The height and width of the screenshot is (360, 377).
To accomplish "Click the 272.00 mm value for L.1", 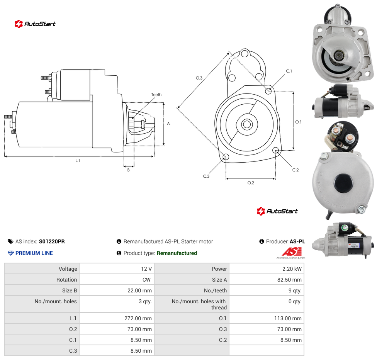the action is click(138, 318).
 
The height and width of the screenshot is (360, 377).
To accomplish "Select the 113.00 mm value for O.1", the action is click(288, 318).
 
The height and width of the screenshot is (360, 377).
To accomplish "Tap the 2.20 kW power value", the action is click(292, 269).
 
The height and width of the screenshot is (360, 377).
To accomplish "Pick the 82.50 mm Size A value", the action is click(289, 280).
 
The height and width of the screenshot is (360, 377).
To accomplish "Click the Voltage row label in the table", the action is click(68, 269).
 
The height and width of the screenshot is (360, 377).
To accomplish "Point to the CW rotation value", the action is click(146, 280).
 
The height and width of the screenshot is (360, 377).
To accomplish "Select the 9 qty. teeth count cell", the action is click(295, 290).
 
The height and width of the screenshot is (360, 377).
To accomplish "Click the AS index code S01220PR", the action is click(52, 241).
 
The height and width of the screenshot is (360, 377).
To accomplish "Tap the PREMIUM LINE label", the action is click(34, 253).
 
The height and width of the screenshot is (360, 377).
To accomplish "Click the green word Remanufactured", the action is click(177, 253).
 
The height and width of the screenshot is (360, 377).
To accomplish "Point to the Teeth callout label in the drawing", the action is click(156, 95).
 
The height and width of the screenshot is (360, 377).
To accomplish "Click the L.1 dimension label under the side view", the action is click(77, 160).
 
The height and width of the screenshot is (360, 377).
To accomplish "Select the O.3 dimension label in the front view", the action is click(199, 78).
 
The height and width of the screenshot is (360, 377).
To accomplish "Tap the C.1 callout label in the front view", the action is click(289, 71).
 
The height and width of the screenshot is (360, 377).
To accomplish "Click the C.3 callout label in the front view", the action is click(206, 176).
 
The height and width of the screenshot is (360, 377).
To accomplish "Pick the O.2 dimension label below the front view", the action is click(251, 183).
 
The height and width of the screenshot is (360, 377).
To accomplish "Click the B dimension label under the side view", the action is click(128, 170).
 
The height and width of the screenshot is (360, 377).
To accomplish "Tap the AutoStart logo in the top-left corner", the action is click(35, 24).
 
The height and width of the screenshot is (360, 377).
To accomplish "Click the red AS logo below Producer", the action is click(292, 252).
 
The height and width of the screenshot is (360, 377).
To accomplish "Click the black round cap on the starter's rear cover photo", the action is click(343, 183).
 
